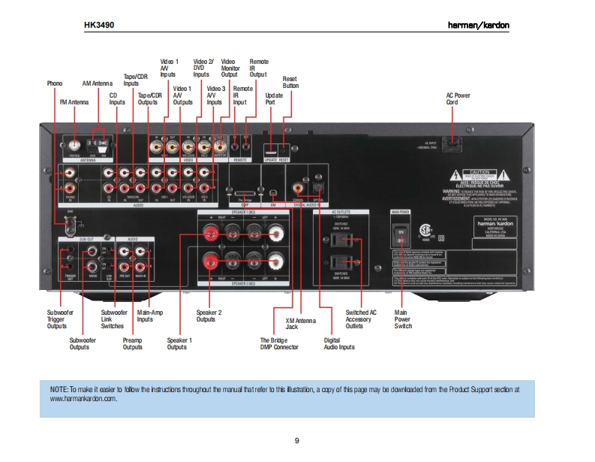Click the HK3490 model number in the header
pyautogui.click(x=99, y=25)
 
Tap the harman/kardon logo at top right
pyautogui.click(x=479, y=26)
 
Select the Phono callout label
pyautogui.click(x=55, y=83)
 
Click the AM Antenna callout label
pyautogui.click(x=97, y=83)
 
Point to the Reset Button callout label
pyautogui.click(x=290, y=82)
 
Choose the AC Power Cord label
pyautogui.click(x=458, y=99)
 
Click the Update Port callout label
pyautogui.click(x=274, y=99)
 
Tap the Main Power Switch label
pyautogui.click(x=403, y=319)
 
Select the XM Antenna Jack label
pyautogui.click(x=301, y=323)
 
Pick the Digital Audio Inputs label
pyautogui.click(x=339, y=343)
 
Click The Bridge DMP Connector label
pyautogui.click(x=279, y=343)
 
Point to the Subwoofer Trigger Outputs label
pyautogui.click(x=57, y=319)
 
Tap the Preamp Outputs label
pyautogui.click(x=133, y=343)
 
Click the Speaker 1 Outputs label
pyautogui.click(x=179, y=343)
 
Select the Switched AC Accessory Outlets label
pyautogui.click(x=361, y=319)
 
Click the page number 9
pyautogui.click(x=296, y=440)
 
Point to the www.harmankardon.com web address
pyautogui.click(x=84, y=400)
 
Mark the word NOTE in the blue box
pyautogui.click(x=59, y=390)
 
